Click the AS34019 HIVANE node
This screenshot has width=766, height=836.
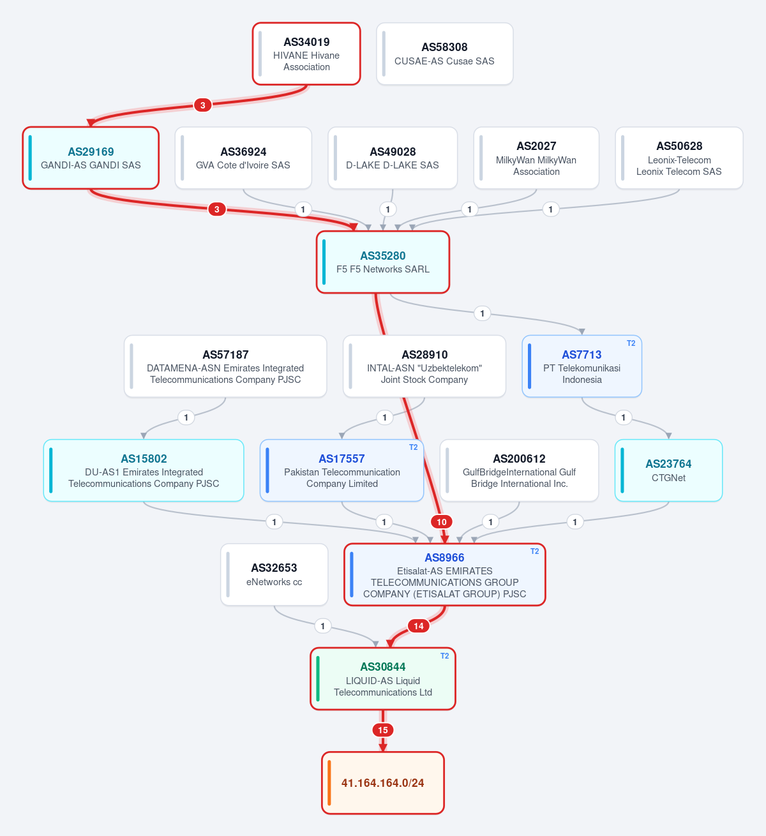point(306,54)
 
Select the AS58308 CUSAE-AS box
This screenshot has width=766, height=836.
point(444,54)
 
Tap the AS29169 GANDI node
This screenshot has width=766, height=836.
point(91,158)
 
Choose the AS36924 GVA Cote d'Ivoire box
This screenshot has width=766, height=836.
point(243,158)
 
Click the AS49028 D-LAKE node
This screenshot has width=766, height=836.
point(393,158)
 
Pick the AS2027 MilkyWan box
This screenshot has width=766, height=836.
point(536,158)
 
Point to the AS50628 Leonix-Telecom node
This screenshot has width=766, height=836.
point(679,158)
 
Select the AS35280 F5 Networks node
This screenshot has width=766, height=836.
point(383,262)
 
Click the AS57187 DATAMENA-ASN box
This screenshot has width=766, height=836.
point(225,366)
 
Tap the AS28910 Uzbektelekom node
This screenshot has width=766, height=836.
point(424,366)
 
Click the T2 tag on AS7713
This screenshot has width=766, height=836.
point(631,343)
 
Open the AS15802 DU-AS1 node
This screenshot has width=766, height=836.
point(144,470)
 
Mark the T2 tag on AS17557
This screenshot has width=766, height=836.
point(413,447)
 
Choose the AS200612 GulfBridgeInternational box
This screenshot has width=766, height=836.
point(519,470)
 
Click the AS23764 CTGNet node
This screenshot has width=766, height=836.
point(668,470)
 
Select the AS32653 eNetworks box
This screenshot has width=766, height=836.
point(274,575)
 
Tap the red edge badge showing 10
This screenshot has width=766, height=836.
point(442,522)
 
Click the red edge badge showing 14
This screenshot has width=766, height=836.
point(419,626)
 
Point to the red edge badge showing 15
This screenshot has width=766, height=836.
point(383,730)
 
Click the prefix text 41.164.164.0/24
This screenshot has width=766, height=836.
point(383,783)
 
